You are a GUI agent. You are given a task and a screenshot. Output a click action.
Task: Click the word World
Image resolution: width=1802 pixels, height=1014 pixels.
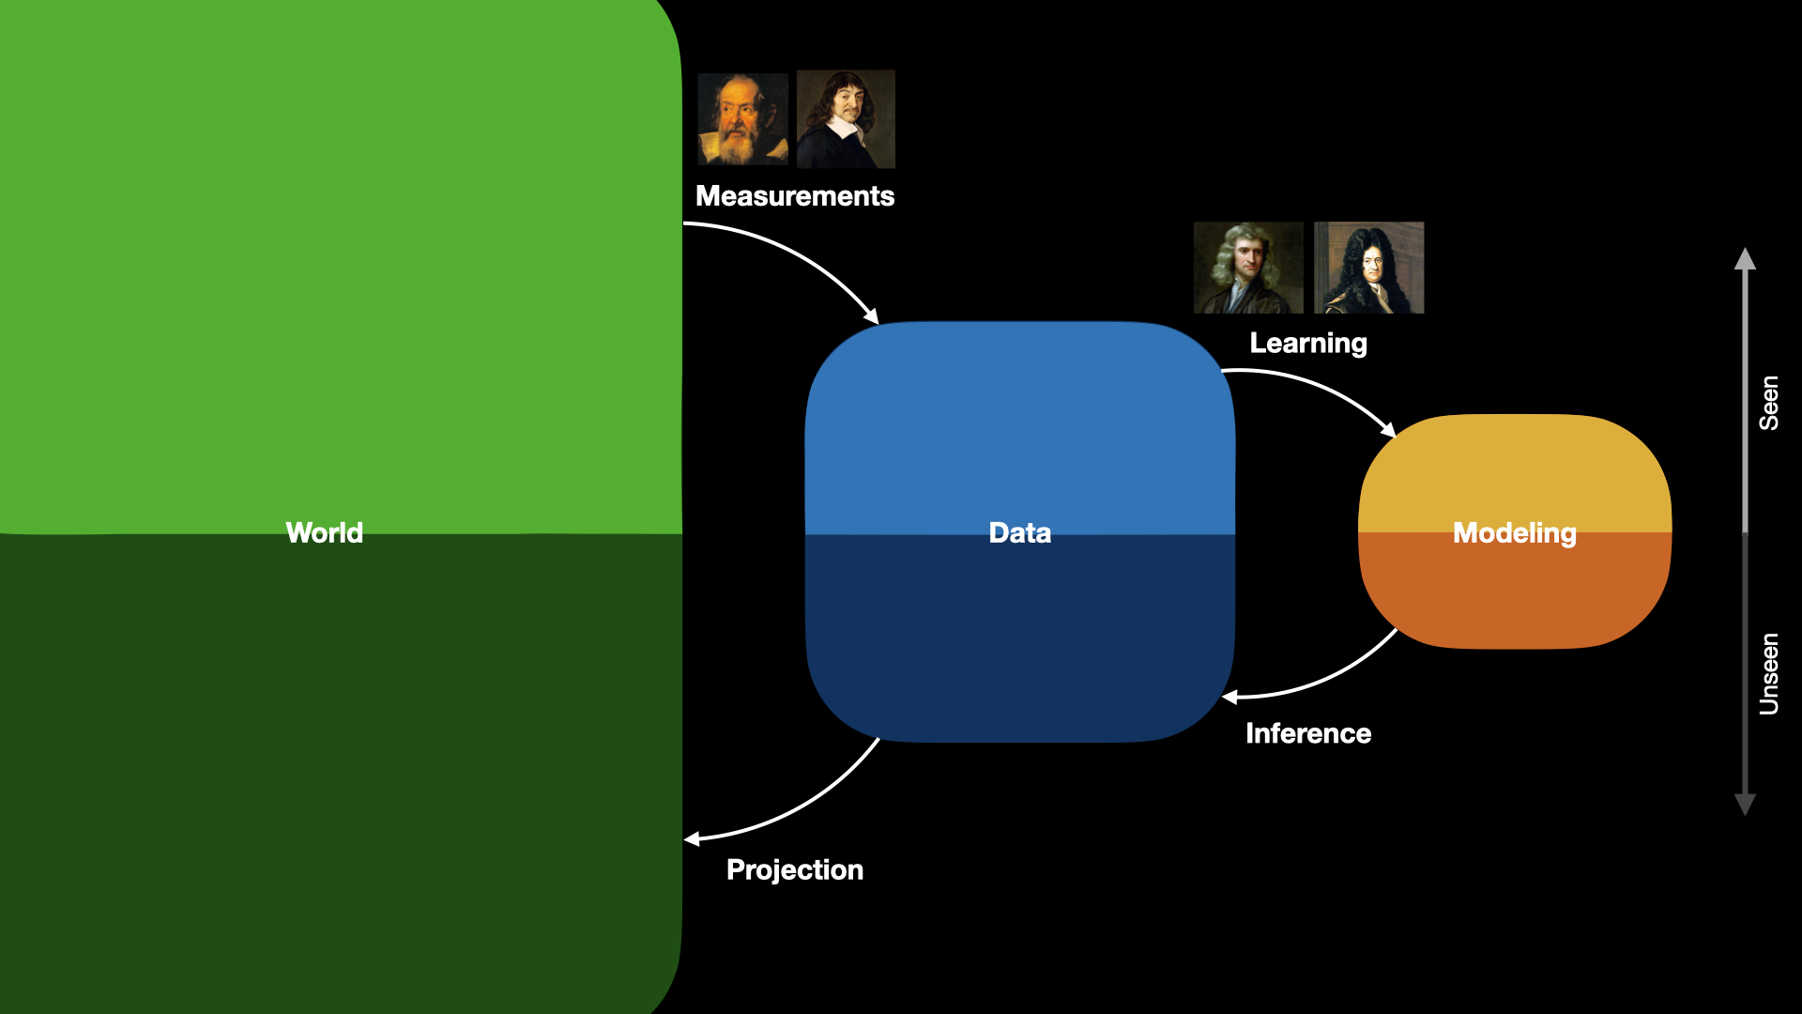click(x=324, y=532)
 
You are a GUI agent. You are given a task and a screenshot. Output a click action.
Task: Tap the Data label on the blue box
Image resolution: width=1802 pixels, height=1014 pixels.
click(x=1020, y=532)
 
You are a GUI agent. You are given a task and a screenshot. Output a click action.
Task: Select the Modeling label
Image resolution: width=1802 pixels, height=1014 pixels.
click(x=1515, y=533)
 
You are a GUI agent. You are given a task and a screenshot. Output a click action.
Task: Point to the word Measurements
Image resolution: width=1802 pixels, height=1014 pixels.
click(x=795, y=195)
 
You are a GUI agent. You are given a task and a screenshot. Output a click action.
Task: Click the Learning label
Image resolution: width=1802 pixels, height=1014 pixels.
click(x=1308, y=344)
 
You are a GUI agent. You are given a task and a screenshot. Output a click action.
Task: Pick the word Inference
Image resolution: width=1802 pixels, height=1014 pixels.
click(x=1308, y=733)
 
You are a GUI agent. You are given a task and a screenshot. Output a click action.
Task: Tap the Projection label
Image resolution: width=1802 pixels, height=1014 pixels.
click(x=795, y=870)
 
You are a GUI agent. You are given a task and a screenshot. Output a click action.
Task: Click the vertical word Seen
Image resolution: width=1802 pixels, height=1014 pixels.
click(x=1769, y=403)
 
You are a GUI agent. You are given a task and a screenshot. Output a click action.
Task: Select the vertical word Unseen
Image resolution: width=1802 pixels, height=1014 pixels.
click(x=1769, y=674)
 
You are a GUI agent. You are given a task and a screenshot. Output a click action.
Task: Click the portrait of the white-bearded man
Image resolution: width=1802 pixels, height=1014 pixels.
click(x=743, y=119)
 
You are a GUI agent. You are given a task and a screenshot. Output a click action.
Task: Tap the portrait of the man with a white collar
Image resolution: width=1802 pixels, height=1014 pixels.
click(x=846, y=119)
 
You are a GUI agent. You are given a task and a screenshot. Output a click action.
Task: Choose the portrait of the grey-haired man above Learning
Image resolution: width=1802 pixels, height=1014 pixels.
click(x=1248, y=268)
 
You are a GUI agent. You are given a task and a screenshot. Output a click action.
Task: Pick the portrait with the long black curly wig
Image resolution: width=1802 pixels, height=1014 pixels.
click(x=1369, y=268)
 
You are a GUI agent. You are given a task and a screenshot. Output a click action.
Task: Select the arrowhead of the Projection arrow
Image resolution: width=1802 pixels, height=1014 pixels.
click(x=693, y=839)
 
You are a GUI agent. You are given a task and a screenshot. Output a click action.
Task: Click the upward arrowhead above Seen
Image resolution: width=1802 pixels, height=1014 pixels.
click(x=1745, y=259)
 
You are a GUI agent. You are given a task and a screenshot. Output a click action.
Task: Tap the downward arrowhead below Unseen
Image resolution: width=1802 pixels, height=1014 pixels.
click(x=1745, y=805)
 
